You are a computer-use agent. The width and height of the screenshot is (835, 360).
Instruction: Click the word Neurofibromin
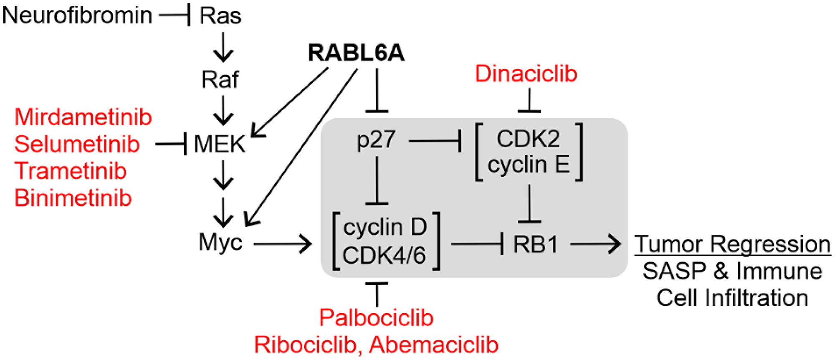[77, 15]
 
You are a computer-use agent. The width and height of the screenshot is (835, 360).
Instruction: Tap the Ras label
[220, 16]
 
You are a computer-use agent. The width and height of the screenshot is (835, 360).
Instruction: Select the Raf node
[220, 80]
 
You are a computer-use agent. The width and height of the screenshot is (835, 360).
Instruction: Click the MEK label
[220, 145]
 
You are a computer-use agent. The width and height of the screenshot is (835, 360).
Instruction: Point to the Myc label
[220, 242]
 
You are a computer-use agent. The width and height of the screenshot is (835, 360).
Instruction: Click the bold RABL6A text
[356, 53]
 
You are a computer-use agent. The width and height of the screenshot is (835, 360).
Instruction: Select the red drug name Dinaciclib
[526, 74]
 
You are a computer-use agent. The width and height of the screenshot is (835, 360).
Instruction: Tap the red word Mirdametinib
[83, 117]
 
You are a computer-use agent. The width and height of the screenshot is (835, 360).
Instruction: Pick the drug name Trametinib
[70, 171]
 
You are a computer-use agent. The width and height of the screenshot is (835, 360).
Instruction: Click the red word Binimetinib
[73, 198]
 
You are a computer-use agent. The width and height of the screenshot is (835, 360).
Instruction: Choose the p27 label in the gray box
[376, 139]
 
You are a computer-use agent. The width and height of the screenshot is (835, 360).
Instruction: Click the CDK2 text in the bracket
[528, 139]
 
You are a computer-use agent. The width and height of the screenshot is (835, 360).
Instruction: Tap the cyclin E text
[529, 165]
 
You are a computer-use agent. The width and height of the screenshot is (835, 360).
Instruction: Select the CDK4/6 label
[384, 255]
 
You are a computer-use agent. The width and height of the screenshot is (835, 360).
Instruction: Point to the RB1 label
[536, 245]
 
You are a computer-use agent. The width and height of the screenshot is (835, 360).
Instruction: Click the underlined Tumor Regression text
[732, 244]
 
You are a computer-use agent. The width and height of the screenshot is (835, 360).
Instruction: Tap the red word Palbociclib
[376, 318]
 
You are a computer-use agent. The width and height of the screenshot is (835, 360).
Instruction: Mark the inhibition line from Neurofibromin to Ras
[175, 16]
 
